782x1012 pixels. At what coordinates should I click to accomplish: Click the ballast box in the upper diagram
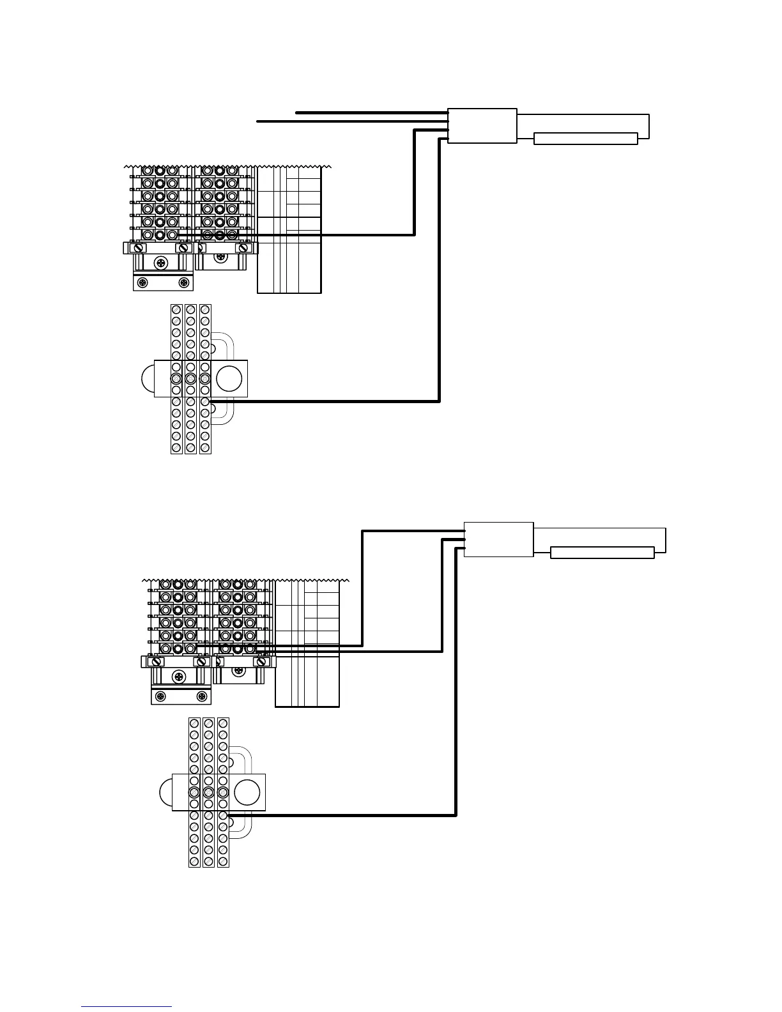[482, 126]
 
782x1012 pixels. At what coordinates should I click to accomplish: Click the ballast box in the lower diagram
[498, 539]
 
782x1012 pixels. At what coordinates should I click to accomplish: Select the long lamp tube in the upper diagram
[585, 139]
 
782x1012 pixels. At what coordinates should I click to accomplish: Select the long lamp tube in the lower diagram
[602, 553]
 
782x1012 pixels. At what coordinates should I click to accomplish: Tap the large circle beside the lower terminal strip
[247, 792]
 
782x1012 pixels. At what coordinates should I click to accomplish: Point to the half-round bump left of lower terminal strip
[166, 792]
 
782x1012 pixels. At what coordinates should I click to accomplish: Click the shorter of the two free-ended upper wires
[371, 112]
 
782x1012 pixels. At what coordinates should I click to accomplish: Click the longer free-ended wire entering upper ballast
[351, 121]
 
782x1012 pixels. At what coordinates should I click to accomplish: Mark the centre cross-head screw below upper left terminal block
[164, 263]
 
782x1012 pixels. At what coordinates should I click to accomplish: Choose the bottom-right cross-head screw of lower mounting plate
[202, 696]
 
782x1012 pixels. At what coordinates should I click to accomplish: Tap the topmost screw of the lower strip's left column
[194, 723]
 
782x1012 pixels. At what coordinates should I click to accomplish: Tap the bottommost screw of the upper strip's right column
[205, 448]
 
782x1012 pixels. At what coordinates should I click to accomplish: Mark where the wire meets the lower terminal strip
[224, 815]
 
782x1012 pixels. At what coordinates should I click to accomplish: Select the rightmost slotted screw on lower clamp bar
[261, 662]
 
